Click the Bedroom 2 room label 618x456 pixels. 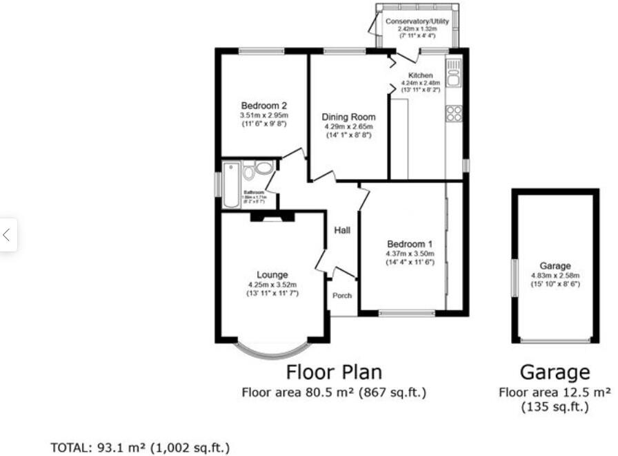click(263, 105)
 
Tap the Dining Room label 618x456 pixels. click(348, 117)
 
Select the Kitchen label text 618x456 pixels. click(420, 75)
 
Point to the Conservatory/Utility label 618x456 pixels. click(417, 22)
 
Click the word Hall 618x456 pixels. click(342, 230)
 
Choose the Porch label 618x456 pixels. click(342, 296)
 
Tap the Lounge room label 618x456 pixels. click(272, 274)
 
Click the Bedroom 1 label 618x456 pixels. click(410, 244)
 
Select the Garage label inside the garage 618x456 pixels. click(555, 266)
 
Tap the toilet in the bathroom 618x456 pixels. click(263, 167)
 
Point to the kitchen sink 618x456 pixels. click(453, 73)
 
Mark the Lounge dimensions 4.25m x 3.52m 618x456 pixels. click(272, 285)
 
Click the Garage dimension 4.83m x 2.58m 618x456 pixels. click(555, 276)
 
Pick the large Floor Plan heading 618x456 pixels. click(334, 372)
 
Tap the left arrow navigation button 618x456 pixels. click(7, 235)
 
